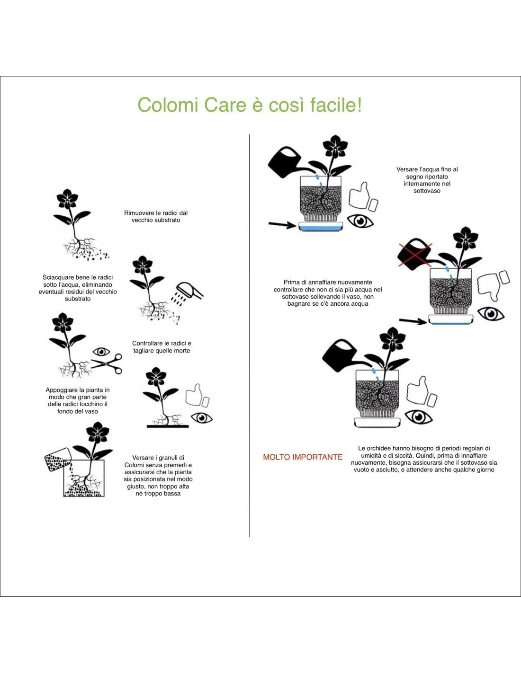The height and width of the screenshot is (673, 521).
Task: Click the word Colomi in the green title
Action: click(x=168, y=105)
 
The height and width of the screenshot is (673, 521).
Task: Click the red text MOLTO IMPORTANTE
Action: click(x=303, y=457)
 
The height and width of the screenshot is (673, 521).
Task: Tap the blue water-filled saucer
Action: click(x=321, y=228)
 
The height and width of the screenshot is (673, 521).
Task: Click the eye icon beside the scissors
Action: click(x=102, y=352)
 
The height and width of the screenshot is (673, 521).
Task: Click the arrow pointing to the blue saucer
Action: click(x=282, y=224)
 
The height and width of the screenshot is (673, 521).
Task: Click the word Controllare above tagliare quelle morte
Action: click(x=147, y=343)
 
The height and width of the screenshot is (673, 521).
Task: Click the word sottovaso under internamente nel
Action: click(x=427, y=191)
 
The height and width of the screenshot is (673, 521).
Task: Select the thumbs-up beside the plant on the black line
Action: click(x=197, y=395)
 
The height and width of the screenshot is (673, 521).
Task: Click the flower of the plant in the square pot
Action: click(x=98, y=433)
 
